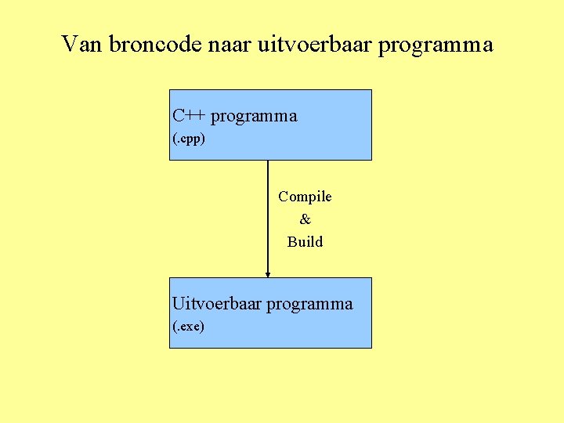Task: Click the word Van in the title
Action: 82,45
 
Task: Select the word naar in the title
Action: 228,45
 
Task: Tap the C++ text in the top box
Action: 189,116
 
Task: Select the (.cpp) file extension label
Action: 189,139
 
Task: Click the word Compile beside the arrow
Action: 305,197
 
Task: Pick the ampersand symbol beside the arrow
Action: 305,219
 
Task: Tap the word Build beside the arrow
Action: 305,242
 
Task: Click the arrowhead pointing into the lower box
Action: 268,273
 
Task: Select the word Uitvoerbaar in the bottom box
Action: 217,304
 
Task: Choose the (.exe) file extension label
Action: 188,327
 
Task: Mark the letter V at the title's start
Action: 68,45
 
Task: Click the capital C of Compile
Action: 284,197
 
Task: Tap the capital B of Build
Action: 292,242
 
